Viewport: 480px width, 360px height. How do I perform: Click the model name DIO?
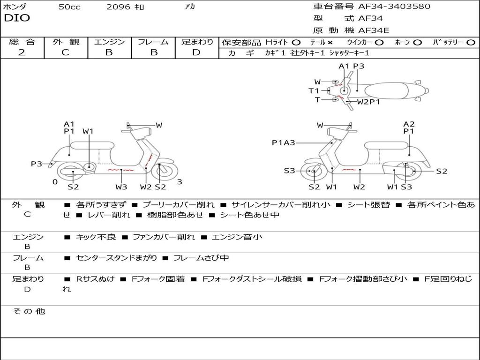[x=17, y=18]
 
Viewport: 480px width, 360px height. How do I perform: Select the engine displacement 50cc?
[x=69, y=7]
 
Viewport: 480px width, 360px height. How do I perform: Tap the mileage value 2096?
[x=118, y=7]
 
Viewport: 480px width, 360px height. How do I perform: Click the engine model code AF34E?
[x=374, y=30]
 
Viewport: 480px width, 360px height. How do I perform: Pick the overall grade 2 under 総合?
[x=22, y=52]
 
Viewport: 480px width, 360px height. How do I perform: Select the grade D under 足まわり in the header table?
[x=196, y=52]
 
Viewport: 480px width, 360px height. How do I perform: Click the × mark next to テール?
[x=330, y=42]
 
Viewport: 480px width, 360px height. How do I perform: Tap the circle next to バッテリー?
[x=471, y=42]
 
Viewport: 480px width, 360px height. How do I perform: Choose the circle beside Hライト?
[x=296, y=42]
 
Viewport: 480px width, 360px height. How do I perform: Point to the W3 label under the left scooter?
[x=121, y=187]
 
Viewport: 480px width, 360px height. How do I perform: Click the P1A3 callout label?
[x=283, y=143]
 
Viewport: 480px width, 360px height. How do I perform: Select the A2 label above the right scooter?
[x=409, y=124]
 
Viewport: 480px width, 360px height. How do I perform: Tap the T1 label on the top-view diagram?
[x=314, y=91]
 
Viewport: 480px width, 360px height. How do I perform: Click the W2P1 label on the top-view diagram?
[x=368, y=102]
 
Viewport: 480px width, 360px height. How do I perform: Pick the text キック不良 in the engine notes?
[x=96, y=237]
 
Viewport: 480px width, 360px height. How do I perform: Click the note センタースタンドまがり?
[x=116, y=258]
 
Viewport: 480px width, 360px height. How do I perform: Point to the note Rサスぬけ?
[x=95, y=279]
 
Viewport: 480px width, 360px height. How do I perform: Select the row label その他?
[x=29, y=311]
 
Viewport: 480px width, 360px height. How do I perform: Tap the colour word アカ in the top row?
[x=190, y=7]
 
